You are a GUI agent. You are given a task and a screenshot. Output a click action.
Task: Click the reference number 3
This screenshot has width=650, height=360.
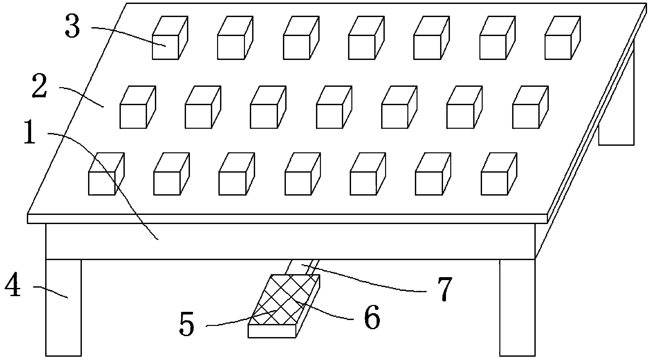(x=72, y=28)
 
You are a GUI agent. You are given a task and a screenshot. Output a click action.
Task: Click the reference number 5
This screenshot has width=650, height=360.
(x=187, y=324)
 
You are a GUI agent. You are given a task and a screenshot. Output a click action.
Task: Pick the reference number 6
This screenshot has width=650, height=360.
(x=372, y=317)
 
